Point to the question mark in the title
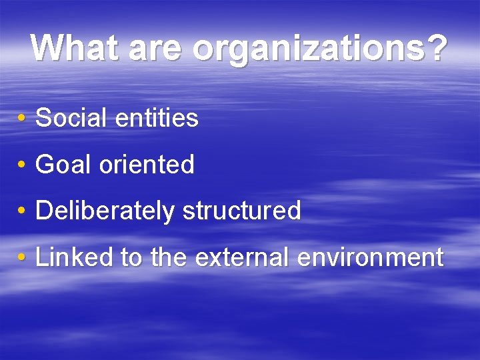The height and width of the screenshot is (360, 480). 435,48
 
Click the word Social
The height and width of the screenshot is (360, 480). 72,119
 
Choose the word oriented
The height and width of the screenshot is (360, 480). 147,165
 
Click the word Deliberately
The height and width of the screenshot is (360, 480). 105,211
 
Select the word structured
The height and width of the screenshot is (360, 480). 241,211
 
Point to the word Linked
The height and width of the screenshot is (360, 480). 74,257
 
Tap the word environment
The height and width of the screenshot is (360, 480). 370,257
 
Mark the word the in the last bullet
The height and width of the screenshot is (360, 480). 169,257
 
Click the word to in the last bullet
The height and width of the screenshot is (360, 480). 133,257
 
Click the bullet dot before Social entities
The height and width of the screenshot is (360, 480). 22,119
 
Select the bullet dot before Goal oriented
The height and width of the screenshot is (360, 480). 22,165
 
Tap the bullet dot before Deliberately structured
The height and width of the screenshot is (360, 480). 22,211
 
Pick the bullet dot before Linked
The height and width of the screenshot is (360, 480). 22,257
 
